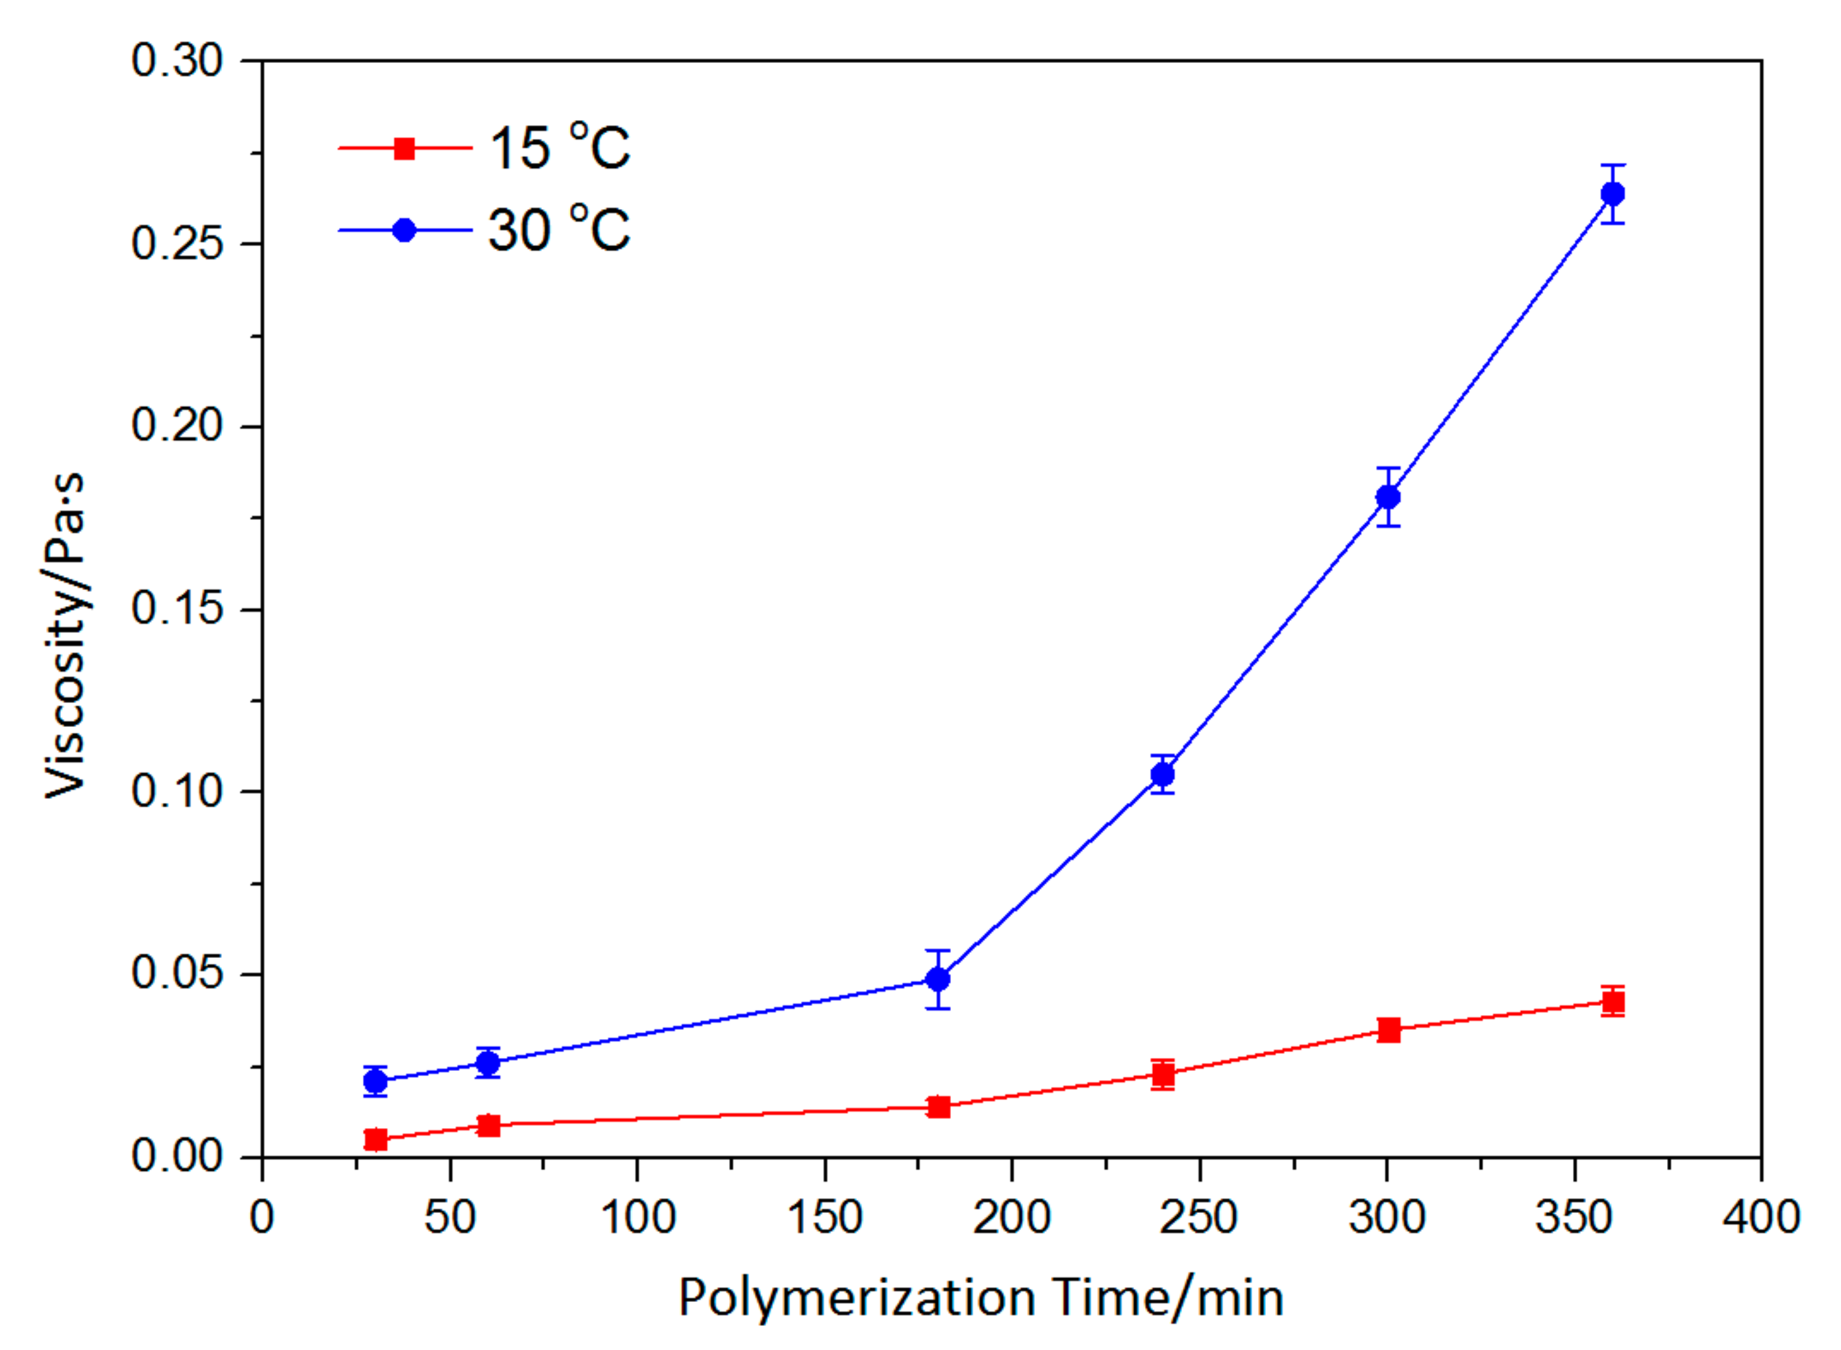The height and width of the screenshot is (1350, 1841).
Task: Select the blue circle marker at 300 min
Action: [x=1387, y=497]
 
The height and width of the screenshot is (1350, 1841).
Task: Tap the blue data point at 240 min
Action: [x=1162, y=774]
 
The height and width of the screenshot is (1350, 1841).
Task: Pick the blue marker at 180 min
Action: [x=938, y=979]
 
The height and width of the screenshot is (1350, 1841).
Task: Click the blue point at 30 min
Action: [x=375, y=1081]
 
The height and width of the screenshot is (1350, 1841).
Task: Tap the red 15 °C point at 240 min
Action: [x=1162, y=1074]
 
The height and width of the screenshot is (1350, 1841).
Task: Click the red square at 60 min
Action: [x=488, y=1125]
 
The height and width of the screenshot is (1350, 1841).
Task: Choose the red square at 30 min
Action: [x=375, y=1138]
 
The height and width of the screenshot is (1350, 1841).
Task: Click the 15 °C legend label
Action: [x=559, y=149]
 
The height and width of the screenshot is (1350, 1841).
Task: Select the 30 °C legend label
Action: [x=559, y=230]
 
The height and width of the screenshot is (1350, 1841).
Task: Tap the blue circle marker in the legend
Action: [x=404, y=230]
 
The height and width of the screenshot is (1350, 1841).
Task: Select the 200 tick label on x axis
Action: [x=1011, y=1218]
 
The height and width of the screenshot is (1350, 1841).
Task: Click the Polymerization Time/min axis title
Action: [x=981, y=1297]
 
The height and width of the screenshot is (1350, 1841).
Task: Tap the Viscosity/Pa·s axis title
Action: [x=66, y=635]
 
